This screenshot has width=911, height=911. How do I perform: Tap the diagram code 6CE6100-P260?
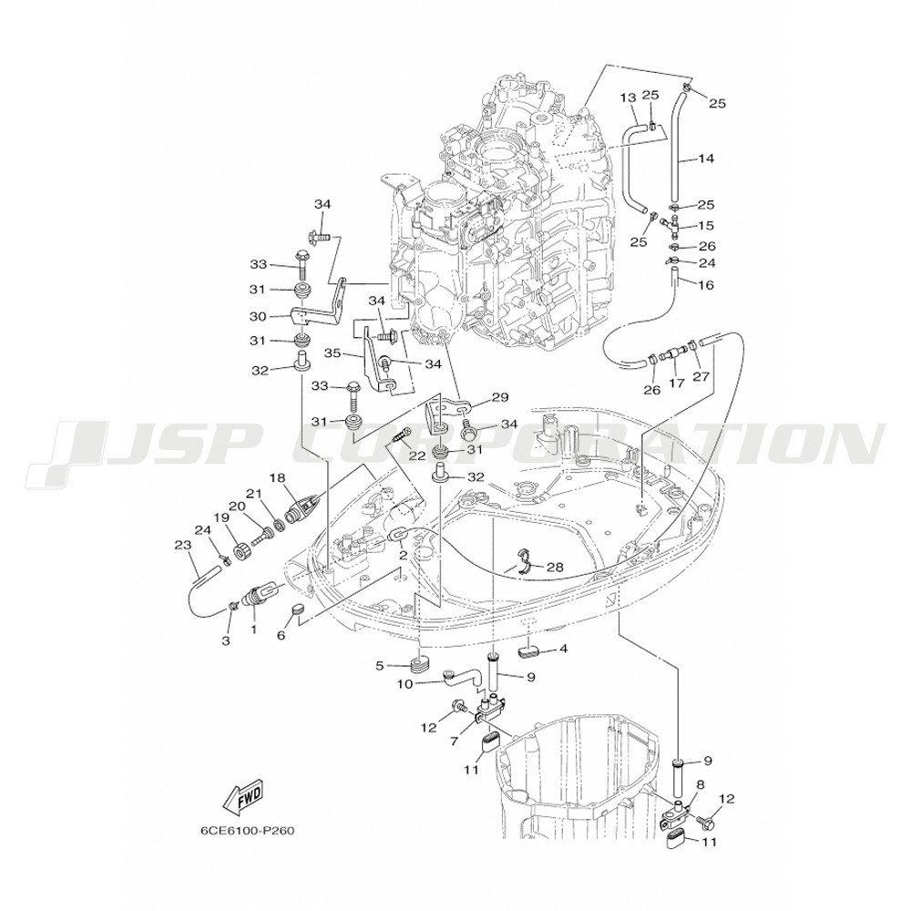click(x=248, y=831)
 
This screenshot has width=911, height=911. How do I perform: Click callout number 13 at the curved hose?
click(x=628, y=97)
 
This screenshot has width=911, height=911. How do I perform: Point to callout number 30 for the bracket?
click(x=258, y=317)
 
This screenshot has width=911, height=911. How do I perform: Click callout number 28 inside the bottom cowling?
click(x=556, y=567)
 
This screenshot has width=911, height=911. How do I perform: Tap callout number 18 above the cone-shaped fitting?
click(x=278, y=477)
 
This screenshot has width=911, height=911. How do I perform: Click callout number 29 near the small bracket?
click(x=499, y=397)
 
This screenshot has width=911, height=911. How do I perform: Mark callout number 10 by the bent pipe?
click(x=404, y=684)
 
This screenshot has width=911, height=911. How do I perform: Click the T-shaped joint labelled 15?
click(x=671, y=224)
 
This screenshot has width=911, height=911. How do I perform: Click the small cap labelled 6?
click(x=298, y=609)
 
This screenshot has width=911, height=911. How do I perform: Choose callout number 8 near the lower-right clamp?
click(x=700, y=784)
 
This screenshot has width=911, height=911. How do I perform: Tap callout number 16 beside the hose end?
click(x=705, y=284)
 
